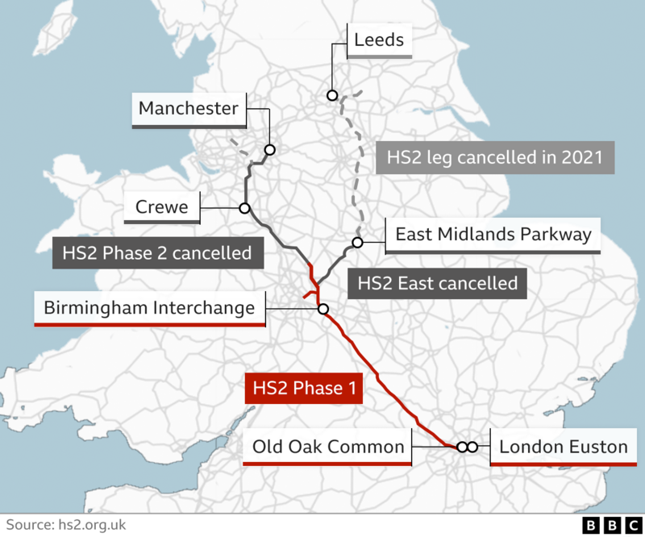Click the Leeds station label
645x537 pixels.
379,40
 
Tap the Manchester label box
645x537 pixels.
189,109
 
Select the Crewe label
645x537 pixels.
161,208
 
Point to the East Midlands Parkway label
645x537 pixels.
493,235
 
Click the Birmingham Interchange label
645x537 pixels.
149,308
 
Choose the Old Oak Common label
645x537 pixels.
327,447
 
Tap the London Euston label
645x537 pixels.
564,447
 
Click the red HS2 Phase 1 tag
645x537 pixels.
304,388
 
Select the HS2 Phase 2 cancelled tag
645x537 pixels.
157,252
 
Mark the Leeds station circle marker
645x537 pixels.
332,95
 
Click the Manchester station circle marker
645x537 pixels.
270,150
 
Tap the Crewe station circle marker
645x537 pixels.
243,208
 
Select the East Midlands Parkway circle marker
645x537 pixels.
357,242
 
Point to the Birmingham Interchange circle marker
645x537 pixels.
323,309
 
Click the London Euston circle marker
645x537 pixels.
472,447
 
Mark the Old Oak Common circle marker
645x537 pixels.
462,447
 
